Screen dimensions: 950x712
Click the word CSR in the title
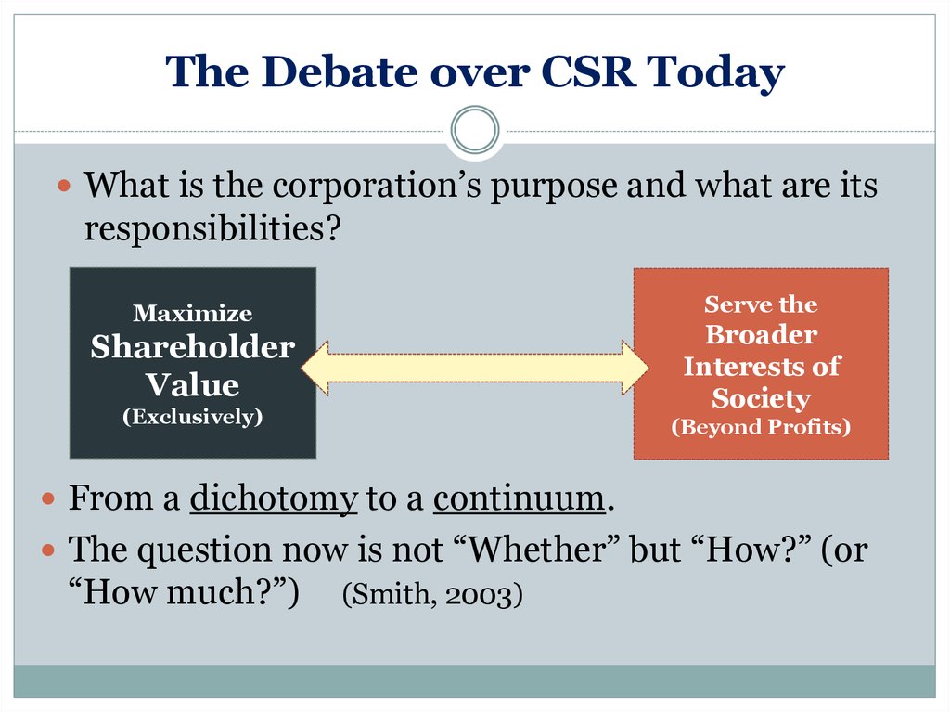tap(587, 72)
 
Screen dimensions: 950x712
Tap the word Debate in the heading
tap(340, 71)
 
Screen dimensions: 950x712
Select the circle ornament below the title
tap(475, 130)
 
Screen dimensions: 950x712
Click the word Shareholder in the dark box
tap(193, 347)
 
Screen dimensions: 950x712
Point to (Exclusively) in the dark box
tap(193, 417)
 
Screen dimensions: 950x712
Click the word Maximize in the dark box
tap(193, 313)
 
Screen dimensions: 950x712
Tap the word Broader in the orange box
tap(761, 335)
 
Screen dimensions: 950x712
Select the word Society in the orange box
tap(761, 398)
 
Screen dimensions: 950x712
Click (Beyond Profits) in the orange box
tap(761, 426)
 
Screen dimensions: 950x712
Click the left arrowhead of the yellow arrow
tap(315, 368)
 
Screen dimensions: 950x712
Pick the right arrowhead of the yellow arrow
tap(635, 368)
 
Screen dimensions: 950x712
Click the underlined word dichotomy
tap(274, 499)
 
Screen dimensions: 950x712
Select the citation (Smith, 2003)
tap(432, 594)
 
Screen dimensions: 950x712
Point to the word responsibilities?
tap(212, 229)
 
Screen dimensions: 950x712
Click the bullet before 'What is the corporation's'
tap(64, 185)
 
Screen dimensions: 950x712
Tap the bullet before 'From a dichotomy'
tap(48, 498)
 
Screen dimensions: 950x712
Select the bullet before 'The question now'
tap(48, 550)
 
